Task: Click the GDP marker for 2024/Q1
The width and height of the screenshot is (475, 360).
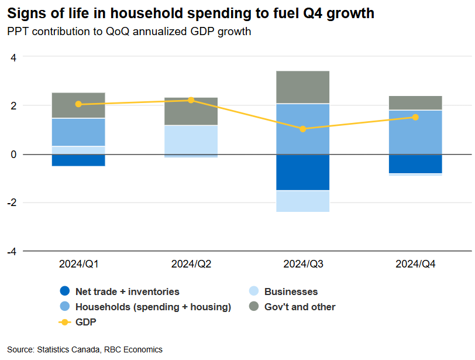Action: point(78,104)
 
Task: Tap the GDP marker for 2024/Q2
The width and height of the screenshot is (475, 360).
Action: point(191,100)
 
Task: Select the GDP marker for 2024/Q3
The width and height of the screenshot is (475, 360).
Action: point(303,129)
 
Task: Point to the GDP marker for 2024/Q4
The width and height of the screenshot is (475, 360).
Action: point(415,117)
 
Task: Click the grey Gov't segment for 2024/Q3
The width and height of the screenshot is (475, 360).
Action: point(303,87)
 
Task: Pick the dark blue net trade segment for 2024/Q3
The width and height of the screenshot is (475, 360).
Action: point(303,172)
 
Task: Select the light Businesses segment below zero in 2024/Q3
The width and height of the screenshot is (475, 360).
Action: point(303,201)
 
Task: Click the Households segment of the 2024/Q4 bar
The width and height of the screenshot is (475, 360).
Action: point(415,132)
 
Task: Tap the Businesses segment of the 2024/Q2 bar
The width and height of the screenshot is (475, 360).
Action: point(191,140)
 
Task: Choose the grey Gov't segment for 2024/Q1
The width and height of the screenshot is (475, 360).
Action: point(78,105)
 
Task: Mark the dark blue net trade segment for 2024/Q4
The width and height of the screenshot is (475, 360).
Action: point(415,164)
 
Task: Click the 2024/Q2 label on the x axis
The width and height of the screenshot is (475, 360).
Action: point(191,264)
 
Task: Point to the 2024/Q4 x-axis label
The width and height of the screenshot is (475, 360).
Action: point(415,264)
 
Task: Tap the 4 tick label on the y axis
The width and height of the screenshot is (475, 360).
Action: point(13,57)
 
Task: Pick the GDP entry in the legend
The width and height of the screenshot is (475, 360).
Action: point(85,322)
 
